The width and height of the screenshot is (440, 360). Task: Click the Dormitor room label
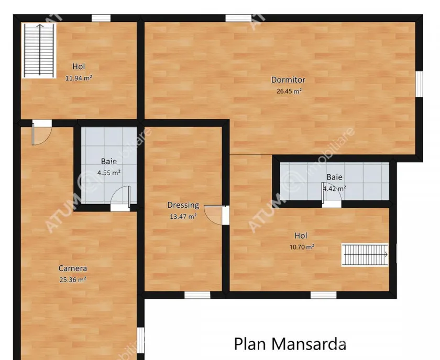pos(288,80)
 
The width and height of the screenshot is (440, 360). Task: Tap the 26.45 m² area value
pos(289,91)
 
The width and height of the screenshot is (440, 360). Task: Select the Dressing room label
pos(183,205)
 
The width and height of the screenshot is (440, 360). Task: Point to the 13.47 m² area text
pos(183,217)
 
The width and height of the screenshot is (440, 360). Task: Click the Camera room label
pos(73,268)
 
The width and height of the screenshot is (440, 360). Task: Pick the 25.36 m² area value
pos(73,279)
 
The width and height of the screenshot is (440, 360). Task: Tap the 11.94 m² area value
pos(79,78)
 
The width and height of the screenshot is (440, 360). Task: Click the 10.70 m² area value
pos(302,247)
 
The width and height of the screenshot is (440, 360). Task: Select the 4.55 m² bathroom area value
pos(109,173)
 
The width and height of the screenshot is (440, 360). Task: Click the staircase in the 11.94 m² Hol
pos(39,50)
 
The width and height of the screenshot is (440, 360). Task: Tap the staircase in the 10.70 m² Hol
pos(365,255)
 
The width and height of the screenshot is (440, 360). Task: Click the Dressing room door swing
pos(214,215)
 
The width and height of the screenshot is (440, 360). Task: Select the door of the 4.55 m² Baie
pos(120,196)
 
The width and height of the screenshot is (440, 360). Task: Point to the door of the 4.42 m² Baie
pos(331,194)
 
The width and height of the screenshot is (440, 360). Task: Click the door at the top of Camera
pos(41,134)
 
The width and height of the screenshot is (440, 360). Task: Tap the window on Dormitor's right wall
pos(419,84)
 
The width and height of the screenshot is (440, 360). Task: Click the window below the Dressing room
pos(197,295)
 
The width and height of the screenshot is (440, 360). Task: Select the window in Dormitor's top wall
pos(238,18)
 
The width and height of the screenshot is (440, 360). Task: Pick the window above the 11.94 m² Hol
pos(101,18)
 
